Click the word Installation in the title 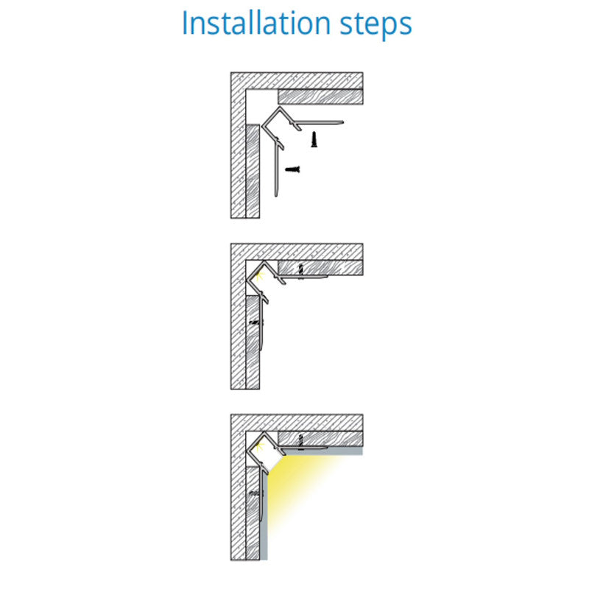tap(255, 24)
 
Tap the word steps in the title tap(376, 25)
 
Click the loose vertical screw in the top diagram tap(314, 139)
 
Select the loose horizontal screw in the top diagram tap(292, 169)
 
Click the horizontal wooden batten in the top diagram tap(320, 96)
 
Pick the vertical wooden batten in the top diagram tap(253, 171)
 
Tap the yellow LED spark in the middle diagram tap(259, 277)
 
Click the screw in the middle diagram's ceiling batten tap(300, 272)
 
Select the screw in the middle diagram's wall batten tap(256, 322)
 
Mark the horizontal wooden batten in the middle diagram tap(320, 268)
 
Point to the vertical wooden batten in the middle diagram tap(253, 342)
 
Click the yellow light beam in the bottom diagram tap(293, 484)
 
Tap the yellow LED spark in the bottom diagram tap(259, 448)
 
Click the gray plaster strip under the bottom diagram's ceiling tap(323, 451)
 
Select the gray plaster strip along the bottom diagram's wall tap(264, 517)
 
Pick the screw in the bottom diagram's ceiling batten tap(300, 442)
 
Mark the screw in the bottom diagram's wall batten tap(255, 493)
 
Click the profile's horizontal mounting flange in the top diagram tap(319, 122)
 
